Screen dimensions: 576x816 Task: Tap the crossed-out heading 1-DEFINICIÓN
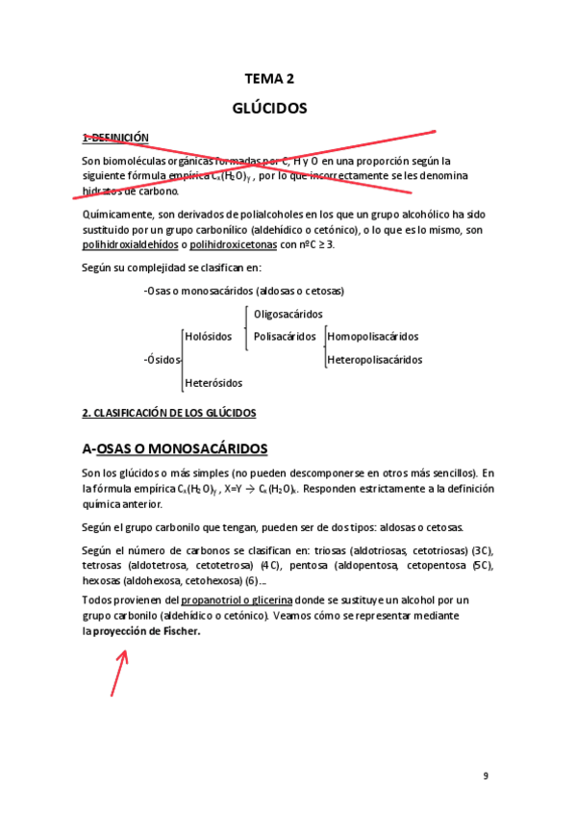pos(115,138)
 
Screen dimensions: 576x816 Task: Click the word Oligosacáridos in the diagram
pos(288,314)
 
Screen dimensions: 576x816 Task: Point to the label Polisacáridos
pos(285,337)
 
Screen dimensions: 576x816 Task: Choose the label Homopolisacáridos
pos(373,337)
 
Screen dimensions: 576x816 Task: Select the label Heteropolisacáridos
pos(375,360)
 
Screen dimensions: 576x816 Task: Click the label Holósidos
pos(209,337)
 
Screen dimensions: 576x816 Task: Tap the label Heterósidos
pos(213,383)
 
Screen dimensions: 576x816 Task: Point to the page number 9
pos(486,775)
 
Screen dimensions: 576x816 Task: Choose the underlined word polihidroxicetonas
pos(235,244)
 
